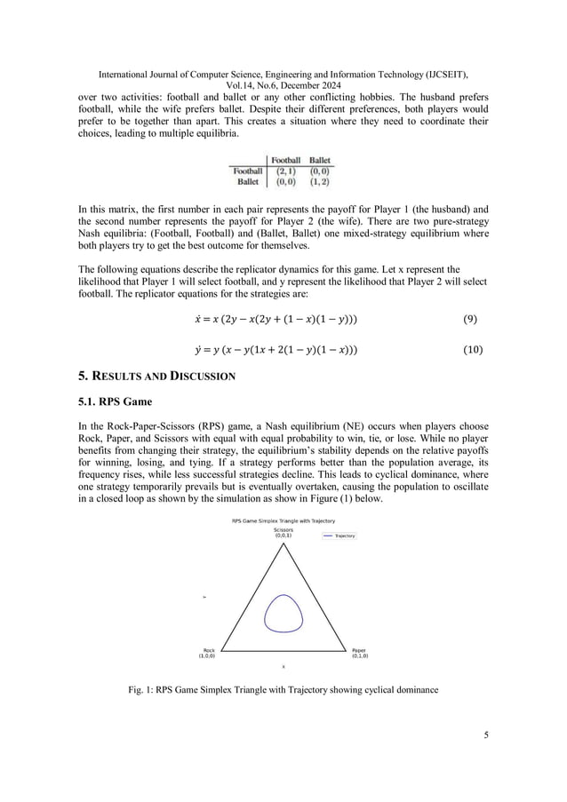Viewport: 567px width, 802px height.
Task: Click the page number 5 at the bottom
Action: pyautogui.click(x=485, y=735)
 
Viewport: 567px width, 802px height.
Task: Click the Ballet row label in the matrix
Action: pyautogui.click(x=248, y=181)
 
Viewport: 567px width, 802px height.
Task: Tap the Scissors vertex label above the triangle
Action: pyautogui.click(x=283, y=533)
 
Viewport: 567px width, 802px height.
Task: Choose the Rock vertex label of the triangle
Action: pyautogui.click(x=208, y=653)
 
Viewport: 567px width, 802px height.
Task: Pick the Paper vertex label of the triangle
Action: pyautogui.click(x=359, y=653)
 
